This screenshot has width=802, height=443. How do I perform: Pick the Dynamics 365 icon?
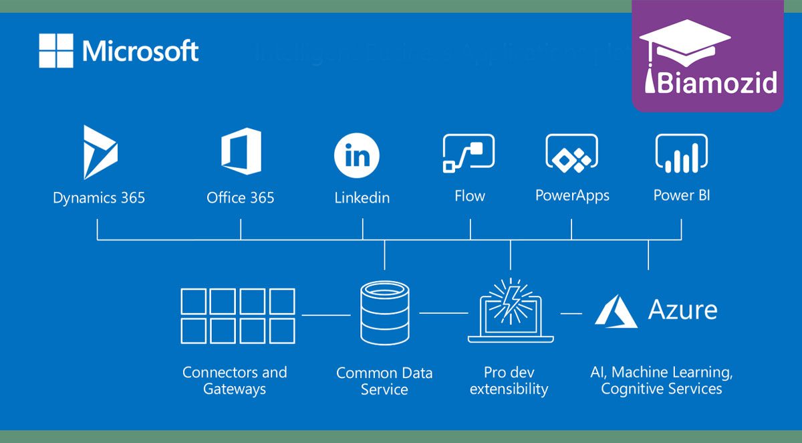[100, 152]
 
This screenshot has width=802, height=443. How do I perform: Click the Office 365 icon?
[241, 152]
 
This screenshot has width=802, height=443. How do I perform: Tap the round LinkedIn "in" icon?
[357, 156]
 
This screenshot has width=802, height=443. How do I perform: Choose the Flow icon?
[469, 153]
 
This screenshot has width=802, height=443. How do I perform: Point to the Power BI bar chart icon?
[681, 153]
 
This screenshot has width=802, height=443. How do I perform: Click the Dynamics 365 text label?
[99, 198]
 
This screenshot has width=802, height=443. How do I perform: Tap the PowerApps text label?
[572, 196]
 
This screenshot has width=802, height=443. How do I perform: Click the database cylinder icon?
[384, 313]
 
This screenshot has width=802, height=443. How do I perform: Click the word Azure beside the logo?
[682, 310]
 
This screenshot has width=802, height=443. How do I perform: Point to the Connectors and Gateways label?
[235, 380]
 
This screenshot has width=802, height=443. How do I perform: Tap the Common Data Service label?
[384, 381]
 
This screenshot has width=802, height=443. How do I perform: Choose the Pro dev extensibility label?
[509, 380]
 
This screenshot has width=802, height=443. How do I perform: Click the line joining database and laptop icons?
[443, 313]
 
